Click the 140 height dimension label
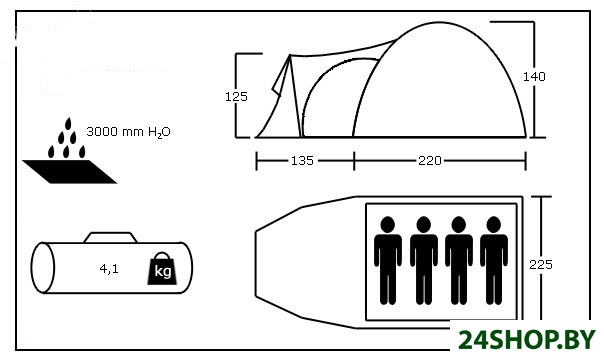[534, 77]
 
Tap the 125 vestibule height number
[236, 97]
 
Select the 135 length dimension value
[302, 161]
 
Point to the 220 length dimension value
[430, 161]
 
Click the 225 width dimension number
[541, 265]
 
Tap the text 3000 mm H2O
[128, 132]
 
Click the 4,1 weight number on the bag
[109, 269]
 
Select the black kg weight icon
[162, 269]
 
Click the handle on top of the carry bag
[111, 237]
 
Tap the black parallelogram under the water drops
[69, 172]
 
